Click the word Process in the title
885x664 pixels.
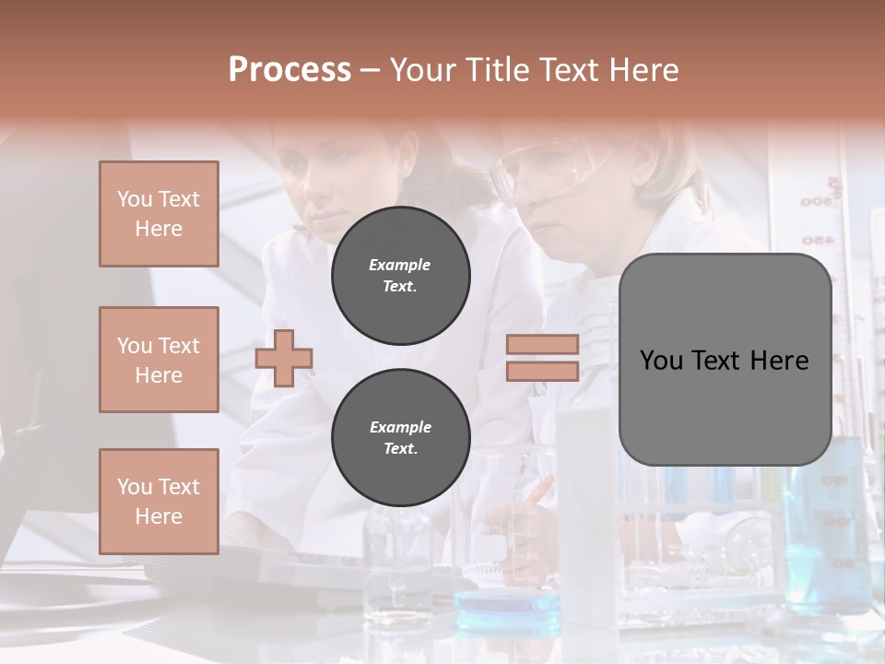pyautogui.click(x=289, y=70)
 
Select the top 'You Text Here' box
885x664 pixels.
pyautogui.click(x=159, y=214)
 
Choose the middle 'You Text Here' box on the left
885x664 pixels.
pyautogui.click(x=159, y=360)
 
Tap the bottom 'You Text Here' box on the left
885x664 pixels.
pyautogui.click(x=159, y=501)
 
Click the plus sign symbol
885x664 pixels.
pyautogui.click(x=284, y=358)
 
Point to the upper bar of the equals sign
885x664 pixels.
pyautogui.click(x=542, y=344)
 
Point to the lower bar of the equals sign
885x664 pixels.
pyautogui.click(x=542, y=371)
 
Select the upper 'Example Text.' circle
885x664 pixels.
pyautogui.click(x=400, y=275)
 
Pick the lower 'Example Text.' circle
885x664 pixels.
pyautogui.click(x=400, y=437)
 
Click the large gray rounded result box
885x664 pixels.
pyautogui.click(x=725, y=360)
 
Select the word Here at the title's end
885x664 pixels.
pyautogui.click(x=642, y=70)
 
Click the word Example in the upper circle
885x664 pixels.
pyautogui.click(x=400, y=265)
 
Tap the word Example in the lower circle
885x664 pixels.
pyautogui.click(x=400, y=427)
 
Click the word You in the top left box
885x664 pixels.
pyautogui.click(x=135, y=199)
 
